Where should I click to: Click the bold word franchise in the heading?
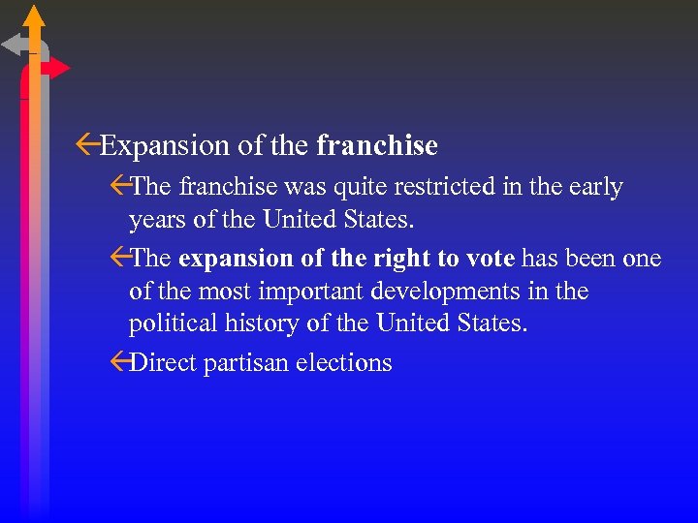(377, 145)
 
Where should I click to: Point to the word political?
(172, 323)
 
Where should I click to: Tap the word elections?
(344, 363)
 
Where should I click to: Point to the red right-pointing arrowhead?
(59, 68)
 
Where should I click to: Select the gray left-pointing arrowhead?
(13, 44)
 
